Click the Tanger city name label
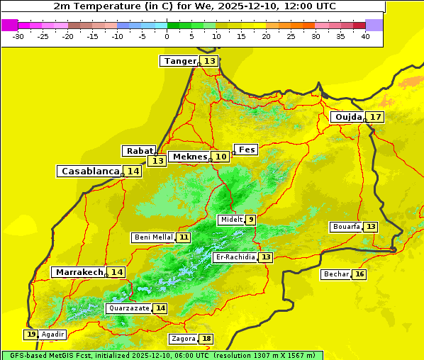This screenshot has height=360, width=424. pyautogui.click(x=179, y=61)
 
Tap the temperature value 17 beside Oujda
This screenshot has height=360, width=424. pyautogui.click(x=375, y=117)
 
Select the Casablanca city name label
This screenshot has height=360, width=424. pyautogui.click(x=89, y=171)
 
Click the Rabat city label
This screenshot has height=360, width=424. pyautogui.click(x=139, y=151)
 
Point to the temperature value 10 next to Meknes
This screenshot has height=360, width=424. pyautogui.click(x=221, y=157)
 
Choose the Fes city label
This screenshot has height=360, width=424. pyautogui.click(x=246, y=150)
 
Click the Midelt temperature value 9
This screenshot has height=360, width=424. pyautogui.click(x=250, y=220)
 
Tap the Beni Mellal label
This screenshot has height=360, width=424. pyautogui.click(x=153, y=237)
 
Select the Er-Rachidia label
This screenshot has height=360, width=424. pyautogui.click(x=235, y=257)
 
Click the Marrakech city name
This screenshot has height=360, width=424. pyautogui.click(x=79, y=272)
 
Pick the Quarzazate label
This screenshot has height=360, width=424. pyautogui.click(x=128, y=308)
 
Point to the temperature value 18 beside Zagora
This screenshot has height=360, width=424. pyautogui.click(x=206, y=339)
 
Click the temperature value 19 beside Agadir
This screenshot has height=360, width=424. pyautogui.click(x=31, y=334)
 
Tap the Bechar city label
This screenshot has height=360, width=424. pyautogui.click(x=336, y=274)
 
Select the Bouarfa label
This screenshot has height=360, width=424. pyautogui.click(x=346, y=227)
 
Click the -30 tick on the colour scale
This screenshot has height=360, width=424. pyautogui.click(x=18, y=36)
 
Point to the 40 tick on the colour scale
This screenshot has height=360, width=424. pyautogui.click(x=365, y=36)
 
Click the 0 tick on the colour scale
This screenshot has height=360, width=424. pyautogui.click(x=167, y=36)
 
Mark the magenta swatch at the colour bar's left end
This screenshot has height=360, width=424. pyautogui.click(x=9, y=25)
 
